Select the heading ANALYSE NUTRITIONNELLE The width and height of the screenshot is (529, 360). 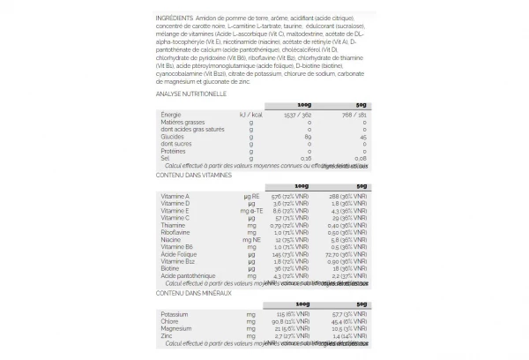191,93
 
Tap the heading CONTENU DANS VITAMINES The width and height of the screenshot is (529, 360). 191,174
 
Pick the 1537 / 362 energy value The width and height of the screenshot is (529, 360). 297,115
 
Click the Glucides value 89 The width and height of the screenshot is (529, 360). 309,137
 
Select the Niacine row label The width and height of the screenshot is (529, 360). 171,240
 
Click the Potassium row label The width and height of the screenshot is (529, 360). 174,314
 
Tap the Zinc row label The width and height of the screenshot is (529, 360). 167,336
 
